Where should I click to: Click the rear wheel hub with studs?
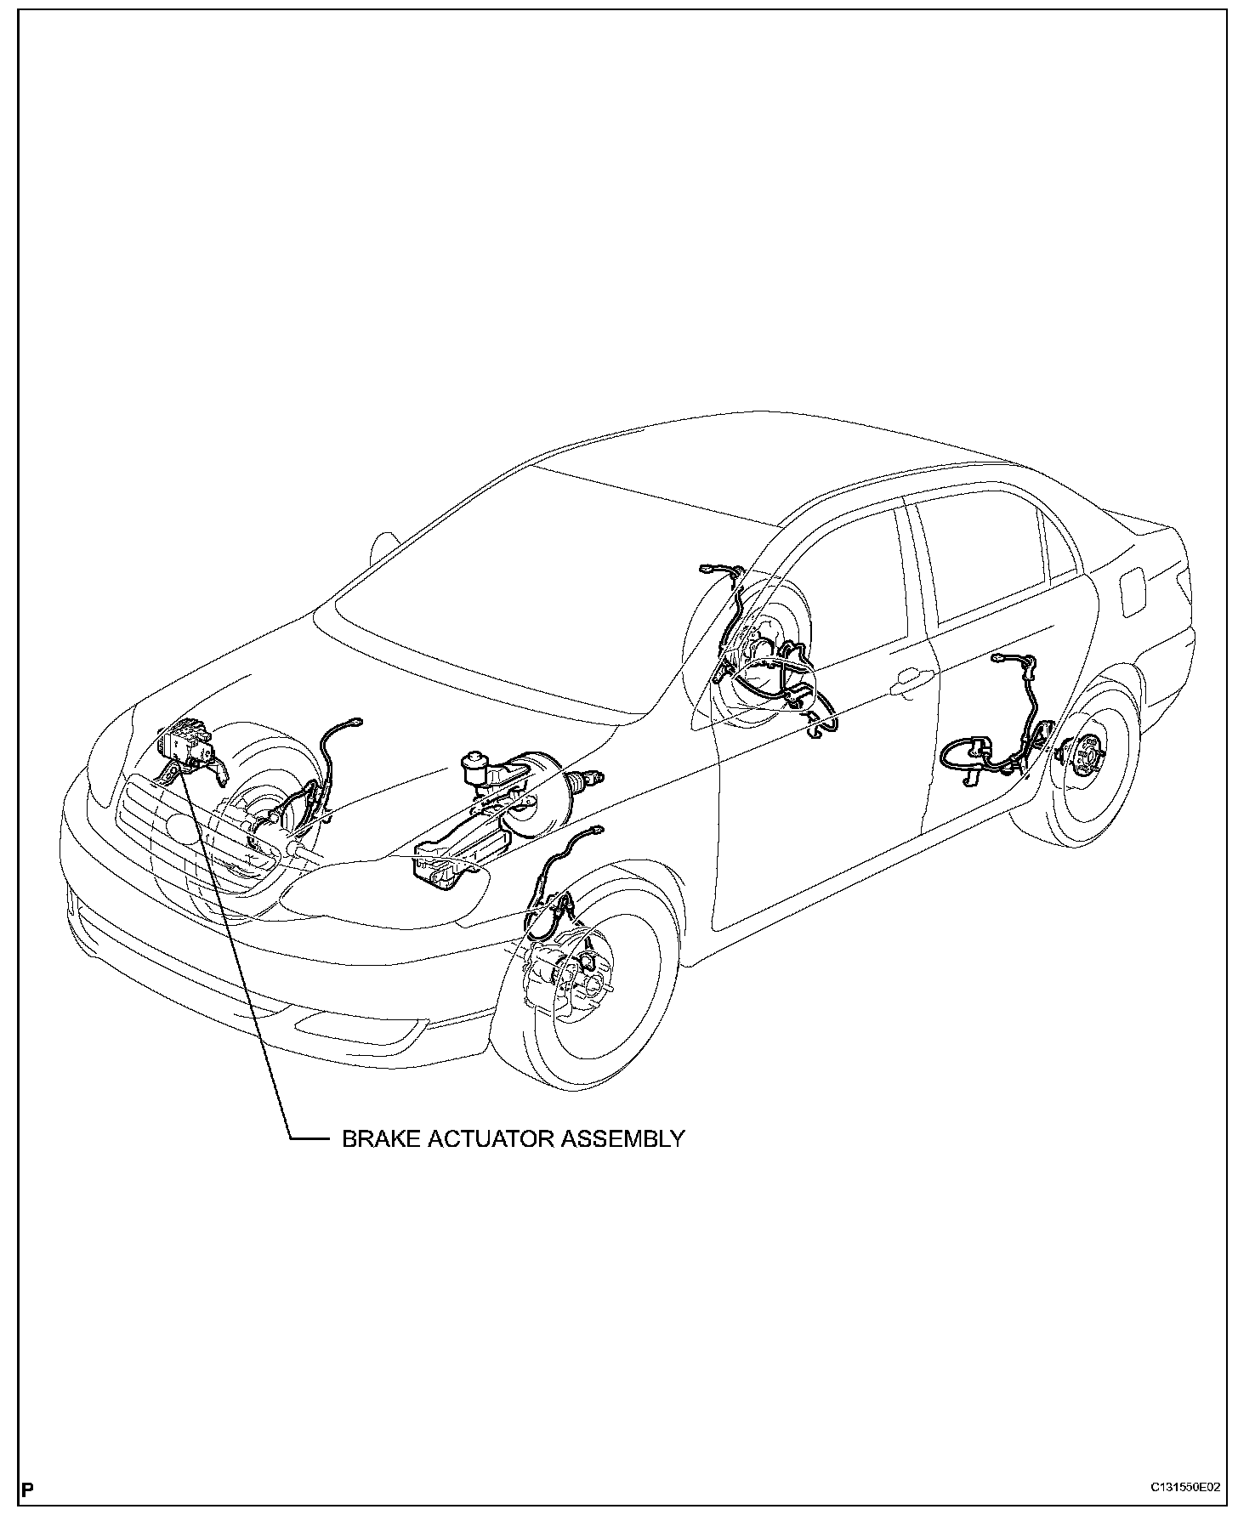click(1079, 752)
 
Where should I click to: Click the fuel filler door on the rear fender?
click(1134, 592)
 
